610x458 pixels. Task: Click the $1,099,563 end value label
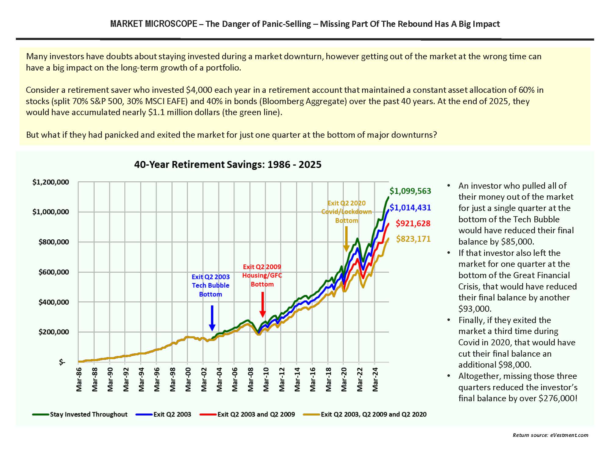410,191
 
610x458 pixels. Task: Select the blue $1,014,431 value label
410,208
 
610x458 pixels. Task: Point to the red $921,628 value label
413,224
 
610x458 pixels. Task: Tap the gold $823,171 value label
413,239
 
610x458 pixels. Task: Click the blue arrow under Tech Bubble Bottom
212,318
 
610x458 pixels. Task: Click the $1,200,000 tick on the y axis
51,182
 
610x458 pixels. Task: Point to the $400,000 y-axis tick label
54,302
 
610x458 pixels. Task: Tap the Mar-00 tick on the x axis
188,379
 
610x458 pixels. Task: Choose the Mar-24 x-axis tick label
375,379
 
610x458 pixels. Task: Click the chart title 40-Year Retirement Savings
228,165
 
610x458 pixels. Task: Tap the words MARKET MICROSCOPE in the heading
154,24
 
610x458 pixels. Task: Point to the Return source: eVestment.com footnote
550,435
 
